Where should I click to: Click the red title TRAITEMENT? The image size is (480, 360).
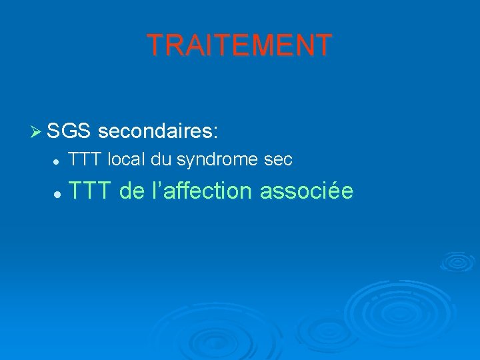pyautogui.click(x=239, y=45)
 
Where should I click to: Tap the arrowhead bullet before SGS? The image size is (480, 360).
pyautogui.click(x=37, y=131)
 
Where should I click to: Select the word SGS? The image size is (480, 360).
pyautogui.click(x=69, y=131)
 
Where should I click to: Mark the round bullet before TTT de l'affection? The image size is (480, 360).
pyautogui.click(x=58, y=193)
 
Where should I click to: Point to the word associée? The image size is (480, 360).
pyautogui.click(x=307, y=191)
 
